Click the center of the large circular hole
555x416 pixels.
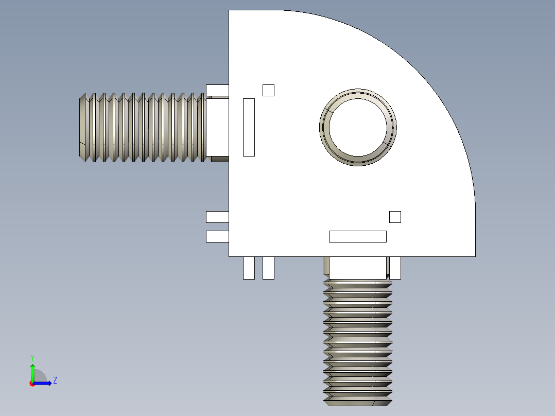[358, 127]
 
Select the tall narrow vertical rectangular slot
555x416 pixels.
[249, 127]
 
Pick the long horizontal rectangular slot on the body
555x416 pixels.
[358, 236]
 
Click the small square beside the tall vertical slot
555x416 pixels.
[268, 90]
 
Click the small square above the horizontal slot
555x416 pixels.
[395, 217]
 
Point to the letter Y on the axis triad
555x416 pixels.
[32, 357]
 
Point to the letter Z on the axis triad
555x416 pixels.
[55, 380]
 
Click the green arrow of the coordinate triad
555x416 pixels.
[32, 371]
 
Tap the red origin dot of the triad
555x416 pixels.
[32, 384]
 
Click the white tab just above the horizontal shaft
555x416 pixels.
[217, 90]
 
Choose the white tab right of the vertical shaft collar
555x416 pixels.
[395, 268]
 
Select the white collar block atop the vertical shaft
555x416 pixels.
[358, 268]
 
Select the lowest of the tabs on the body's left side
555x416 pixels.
[217, 236]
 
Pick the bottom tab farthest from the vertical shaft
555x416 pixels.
[249, 268]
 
